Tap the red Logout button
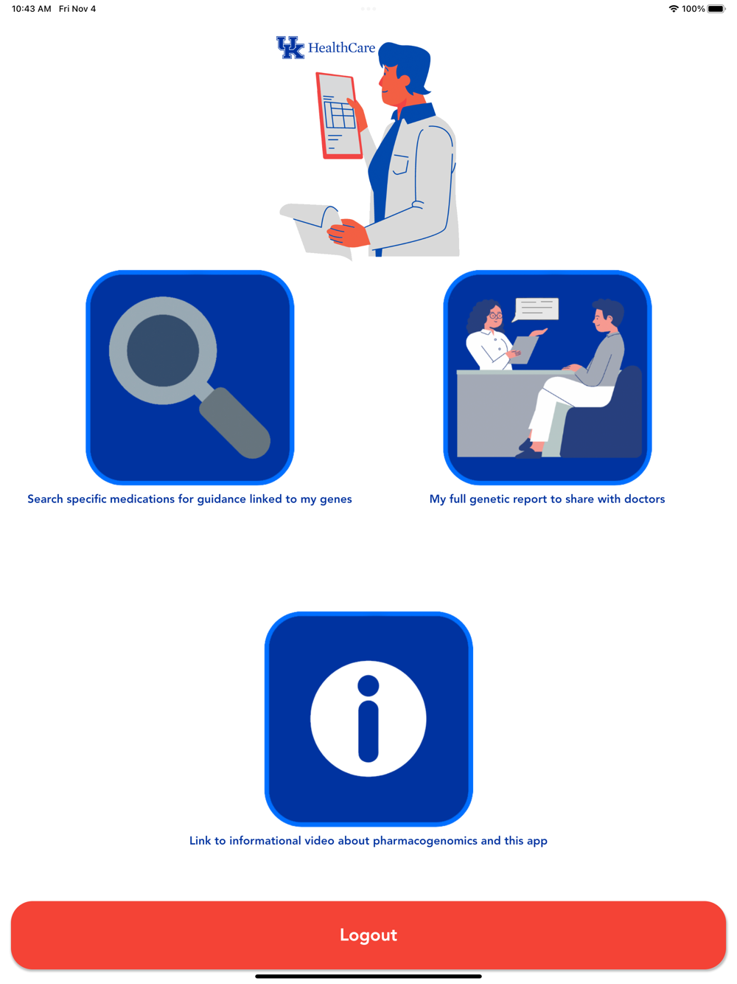click(368, 935)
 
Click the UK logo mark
click(290, 47)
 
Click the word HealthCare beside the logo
click(342, 47)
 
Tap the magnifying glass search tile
click(190, 377)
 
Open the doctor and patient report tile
click(547, 377)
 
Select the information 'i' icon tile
click(368, 718)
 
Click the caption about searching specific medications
click(190, 499)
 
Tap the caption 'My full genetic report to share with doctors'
click(547, 499)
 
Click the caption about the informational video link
click(368, 841)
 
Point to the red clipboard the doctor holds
click(338, 116)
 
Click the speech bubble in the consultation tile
click(536, 309)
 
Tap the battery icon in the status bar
click(716, 9)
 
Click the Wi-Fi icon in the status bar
click(674, 9)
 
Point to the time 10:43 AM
click(32, 9)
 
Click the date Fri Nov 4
click(77, 9)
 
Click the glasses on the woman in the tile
click(495, 315)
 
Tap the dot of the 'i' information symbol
click(368, 685)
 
